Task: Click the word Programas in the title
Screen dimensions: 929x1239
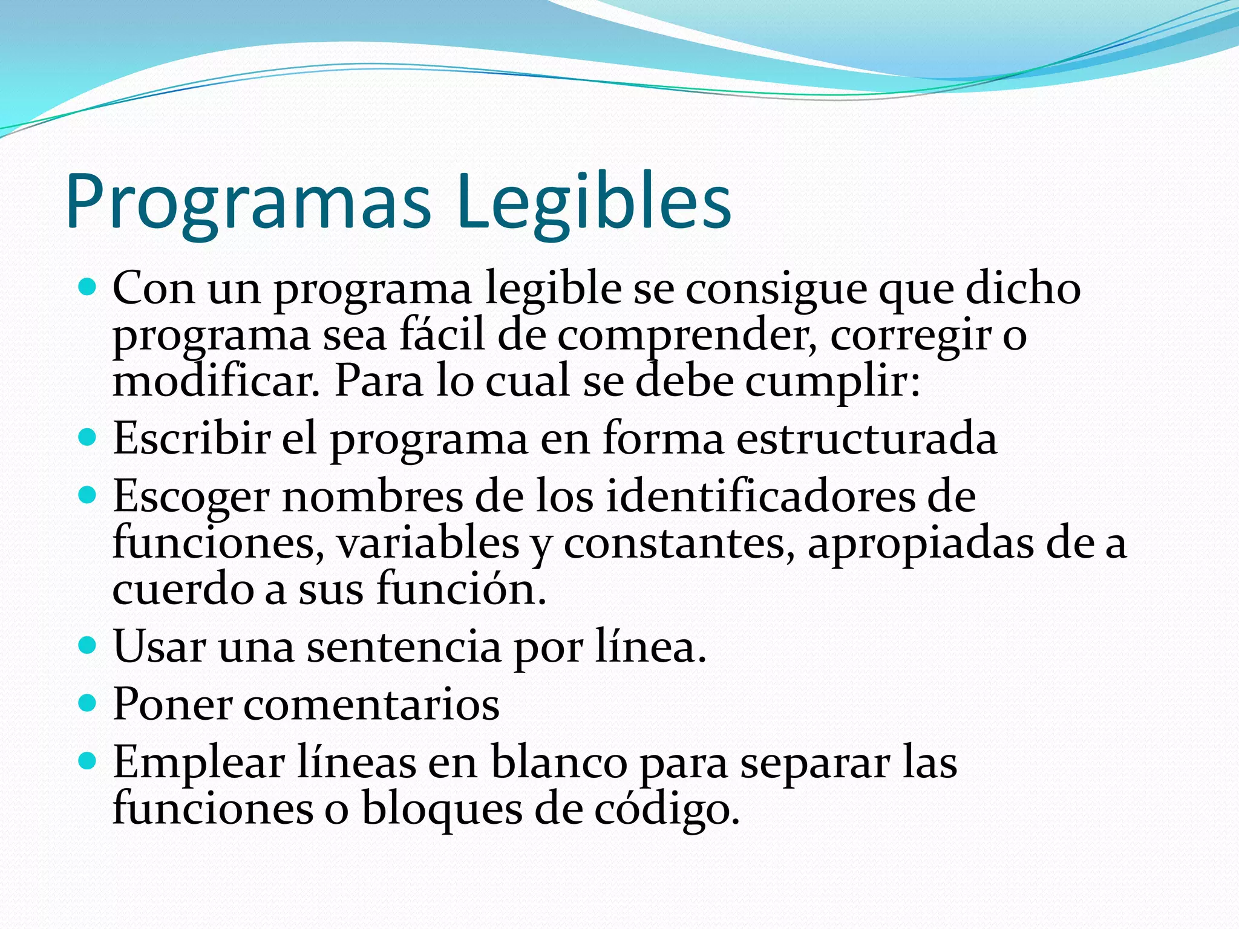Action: point(248,203)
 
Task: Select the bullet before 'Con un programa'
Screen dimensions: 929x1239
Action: point(88,287)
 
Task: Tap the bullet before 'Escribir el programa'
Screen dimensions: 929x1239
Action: point(88,437)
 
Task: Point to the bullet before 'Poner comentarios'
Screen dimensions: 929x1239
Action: point(88,703)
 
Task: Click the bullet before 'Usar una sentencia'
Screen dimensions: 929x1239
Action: point(88,645)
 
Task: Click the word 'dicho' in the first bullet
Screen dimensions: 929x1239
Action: point(1022,288)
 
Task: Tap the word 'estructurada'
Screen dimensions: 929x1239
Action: point(866,438)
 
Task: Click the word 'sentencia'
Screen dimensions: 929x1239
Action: point(404,647)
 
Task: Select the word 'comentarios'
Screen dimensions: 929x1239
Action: point(371,705)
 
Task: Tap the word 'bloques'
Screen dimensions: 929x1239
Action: point(442,809)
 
